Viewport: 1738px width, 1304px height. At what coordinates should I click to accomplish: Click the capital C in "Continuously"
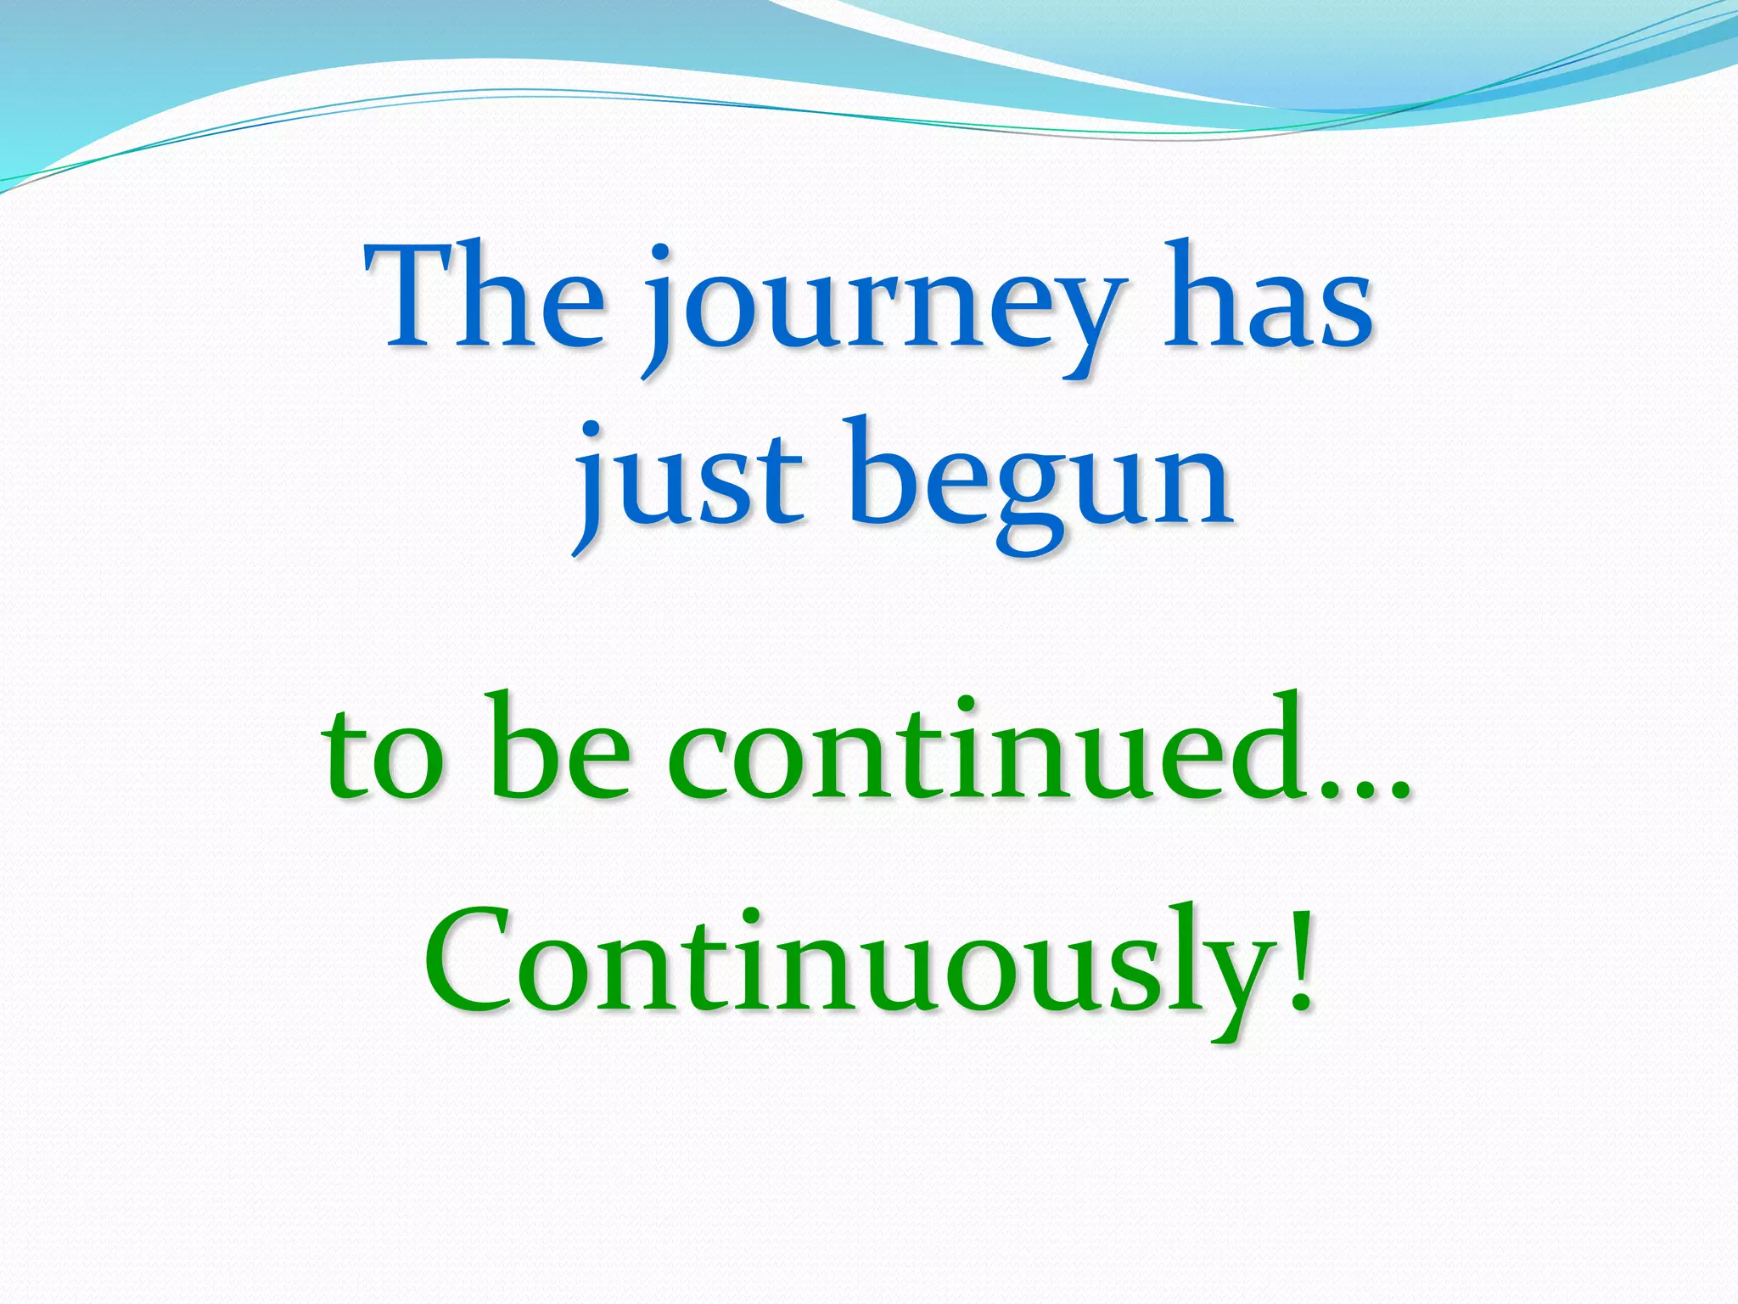click(475, 964)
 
